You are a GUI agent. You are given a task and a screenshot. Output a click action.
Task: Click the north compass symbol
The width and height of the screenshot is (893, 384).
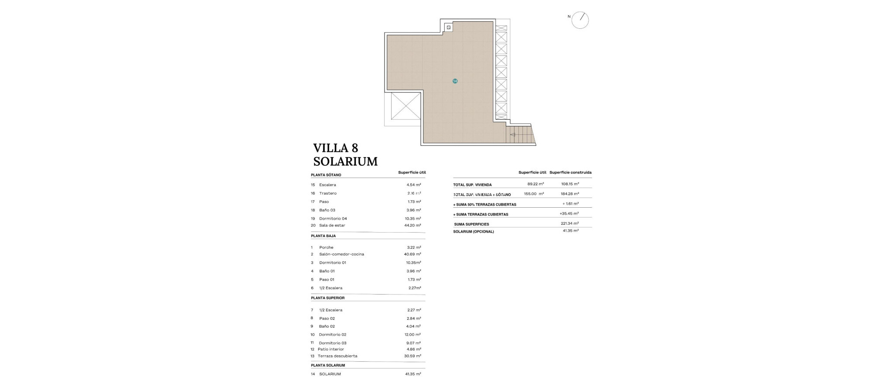click(x=580, y=20)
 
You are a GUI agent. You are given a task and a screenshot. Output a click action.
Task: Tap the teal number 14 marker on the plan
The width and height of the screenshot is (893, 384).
click(x=455, y=81)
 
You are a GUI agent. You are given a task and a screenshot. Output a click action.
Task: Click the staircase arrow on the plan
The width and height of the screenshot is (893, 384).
click(x=513, y=135)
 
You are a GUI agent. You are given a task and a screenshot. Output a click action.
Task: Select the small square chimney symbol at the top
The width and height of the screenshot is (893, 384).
click(x=448, y=27)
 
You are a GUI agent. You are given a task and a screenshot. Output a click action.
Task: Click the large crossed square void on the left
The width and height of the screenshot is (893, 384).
click(x=406, y=106)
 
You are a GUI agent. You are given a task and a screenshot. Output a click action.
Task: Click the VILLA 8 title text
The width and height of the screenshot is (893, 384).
click(x=335, y=148)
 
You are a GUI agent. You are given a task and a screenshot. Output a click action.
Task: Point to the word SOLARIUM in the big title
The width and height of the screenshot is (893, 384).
click(x=345, y=161)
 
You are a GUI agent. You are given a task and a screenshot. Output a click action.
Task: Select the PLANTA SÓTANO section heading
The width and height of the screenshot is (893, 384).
click(x=326, y=175)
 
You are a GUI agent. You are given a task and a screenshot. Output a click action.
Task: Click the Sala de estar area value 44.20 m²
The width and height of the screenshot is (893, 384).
click(x=412, y=226)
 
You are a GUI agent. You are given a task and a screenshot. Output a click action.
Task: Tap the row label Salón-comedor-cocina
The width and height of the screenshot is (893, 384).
click(x=341, y=254)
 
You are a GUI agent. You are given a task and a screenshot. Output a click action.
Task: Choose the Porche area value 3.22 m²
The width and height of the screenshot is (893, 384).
click(x=414, y=247)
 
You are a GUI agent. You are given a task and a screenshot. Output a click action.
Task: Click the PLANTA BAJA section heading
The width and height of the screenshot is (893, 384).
click(x=323, y=236)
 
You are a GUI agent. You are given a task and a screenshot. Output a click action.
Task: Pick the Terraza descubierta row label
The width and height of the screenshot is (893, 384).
click(x=337, y=356)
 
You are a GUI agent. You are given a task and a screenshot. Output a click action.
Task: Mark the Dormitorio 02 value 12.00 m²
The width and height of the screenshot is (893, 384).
click(x=412, y=335)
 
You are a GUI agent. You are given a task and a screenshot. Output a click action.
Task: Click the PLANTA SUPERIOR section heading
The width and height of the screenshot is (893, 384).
click(x=327, y=298)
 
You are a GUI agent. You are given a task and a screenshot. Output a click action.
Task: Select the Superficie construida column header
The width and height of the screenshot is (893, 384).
click(x=570, y=172)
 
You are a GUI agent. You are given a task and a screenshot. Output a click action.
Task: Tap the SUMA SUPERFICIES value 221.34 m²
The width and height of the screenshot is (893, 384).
click(x=569, y=223)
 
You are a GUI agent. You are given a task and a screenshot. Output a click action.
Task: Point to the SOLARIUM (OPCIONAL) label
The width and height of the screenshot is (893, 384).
click(x=473, y=232)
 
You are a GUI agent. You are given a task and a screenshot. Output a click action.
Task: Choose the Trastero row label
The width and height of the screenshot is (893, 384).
click(x=327, y=193)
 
